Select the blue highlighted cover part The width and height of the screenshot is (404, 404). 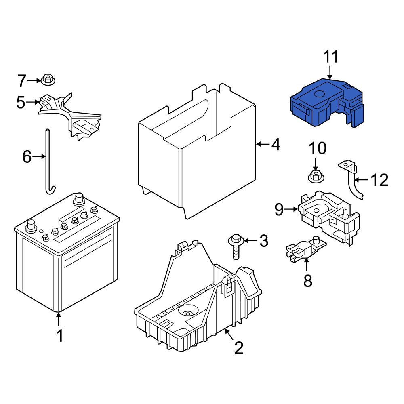327,103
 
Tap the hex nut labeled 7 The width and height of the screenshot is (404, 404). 48,79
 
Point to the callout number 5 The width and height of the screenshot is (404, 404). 21,102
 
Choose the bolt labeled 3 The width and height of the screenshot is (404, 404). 235,246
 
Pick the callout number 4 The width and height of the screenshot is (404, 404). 276,145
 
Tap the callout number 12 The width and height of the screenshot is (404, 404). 379,180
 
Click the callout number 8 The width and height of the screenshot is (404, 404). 308,281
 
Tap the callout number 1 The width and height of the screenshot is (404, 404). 60,336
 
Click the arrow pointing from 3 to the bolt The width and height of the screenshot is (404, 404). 250,241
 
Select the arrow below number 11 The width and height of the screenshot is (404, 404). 330,72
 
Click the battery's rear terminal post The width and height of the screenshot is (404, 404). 79,199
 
